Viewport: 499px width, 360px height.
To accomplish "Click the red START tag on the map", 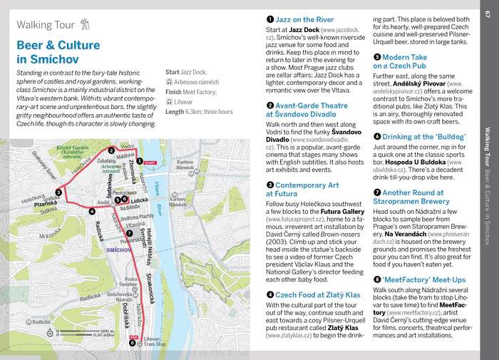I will coord(149,162).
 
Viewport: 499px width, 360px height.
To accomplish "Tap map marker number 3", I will coord(58,192).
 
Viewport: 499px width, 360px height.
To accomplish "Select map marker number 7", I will coord(129,233).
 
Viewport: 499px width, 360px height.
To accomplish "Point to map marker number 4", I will coord(92,211).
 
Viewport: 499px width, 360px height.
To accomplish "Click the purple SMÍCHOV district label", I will coord(118,250).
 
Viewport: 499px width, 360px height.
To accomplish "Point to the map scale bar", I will coord(96,333).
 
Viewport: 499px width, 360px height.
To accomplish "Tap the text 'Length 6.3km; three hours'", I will coord(199,112).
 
